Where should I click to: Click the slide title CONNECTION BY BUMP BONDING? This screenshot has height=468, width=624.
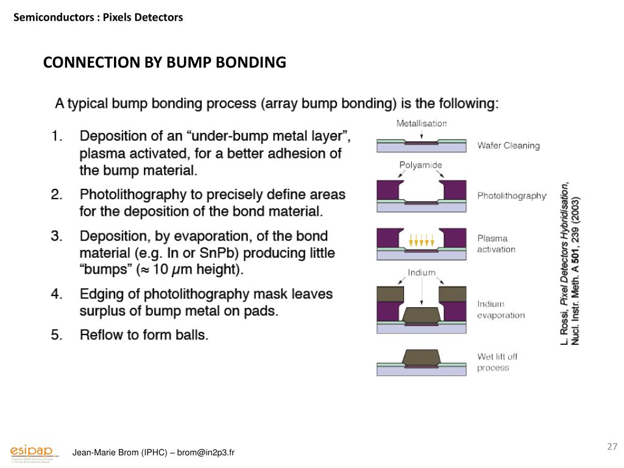pos(164,63)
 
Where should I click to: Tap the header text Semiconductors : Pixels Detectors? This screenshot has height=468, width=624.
pos(98,18)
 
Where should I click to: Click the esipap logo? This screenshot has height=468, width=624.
pos(34,451)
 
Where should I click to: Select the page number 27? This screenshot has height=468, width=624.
pos(612,447)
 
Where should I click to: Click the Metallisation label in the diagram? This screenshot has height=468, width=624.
pos(421,123)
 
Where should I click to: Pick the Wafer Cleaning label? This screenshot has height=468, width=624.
pos(508,146)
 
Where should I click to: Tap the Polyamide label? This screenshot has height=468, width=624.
pos(420,165)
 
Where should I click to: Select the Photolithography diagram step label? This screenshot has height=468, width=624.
pos(512,196)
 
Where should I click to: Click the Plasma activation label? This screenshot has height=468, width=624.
pos(496,244)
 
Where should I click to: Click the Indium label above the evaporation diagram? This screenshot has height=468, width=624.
pos(422,272)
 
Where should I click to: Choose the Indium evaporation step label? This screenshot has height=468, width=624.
pos(500,310)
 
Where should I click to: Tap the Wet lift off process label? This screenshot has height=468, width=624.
pos(497,362)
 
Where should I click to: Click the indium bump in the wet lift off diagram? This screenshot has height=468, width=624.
pos(421,358)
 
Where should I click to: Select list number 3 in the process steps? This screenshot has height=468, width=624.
pos(57,236)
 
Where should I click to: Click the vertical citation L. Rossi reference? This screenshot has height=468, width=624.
pos(570,262)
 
